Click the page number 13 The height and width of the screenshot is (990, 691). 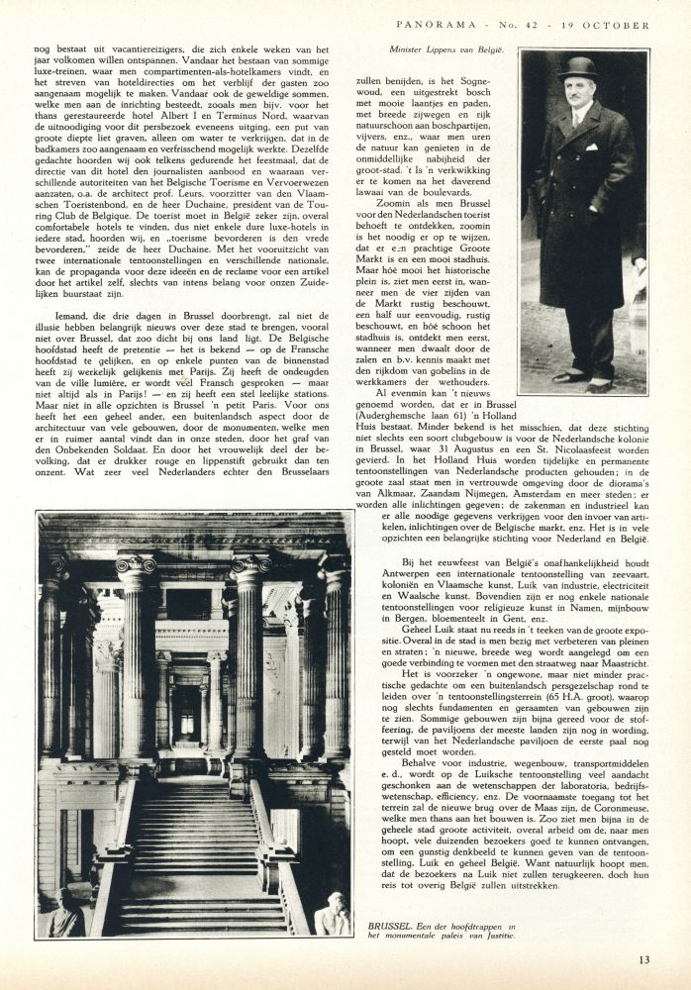643,957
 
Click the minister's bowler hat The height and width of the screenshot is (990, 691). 578,68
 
